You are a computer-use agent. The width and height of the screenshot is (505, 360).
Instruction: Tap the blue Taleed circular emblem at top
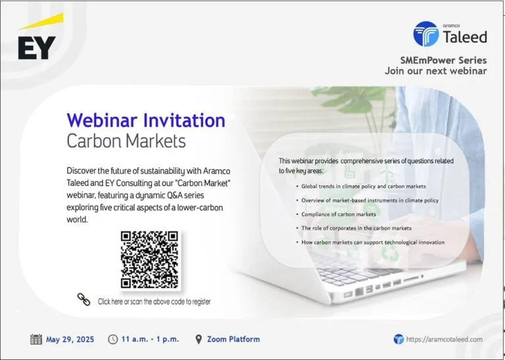point(426,34)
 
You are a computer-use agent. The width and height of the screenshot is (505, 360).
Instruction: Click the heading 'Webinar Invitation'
point(146,120)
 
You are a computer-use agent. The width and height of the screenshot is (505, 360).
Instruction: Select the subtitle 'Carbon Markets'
point(126,141)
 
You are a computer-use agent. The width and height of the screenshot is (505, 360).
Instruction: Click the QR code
point(149,259)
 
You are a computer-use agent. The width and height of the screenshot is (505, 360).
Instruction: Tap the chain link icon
point(84,299)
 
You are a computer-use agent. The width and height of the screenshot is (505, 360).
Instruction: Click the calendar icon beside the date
point(36,340)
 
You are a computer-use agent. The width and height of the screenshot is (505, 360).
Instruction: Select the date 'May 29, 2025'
point(70,340)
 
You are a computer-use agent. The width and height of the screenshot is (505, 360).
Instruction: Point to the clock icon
point(112,339)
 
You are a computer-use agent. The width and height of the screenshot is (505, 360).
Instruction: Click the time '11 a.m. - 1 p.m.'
point(150,339)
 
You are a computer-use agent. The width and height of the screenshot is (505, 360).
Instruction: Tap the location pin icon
point(199,339)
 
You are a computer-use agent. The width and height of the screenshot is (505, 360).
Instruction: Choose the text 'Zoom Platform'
point(233,339)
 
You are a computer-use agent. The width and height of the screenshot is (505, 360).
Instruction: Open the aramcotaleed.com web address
point(445,339)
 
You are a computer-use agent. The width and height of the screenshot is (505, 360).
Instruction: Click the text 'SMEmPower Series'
point(443,61)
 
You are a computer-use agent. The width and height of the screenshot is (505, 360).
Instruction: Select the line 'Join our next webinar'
point(436,71)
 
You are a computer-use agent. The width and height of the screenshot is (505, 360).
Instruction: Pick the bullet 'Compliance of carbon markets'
point(339,215)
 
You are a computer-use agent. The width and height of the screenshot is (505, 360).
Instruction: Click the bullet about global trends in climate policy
point(364,186)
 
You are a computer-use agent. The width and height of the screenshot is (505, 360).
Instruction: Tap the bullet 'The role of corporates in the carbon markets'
point(356,228)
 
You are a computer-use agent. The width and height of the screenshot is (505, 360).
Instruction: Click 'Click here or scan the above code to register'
point(155,301)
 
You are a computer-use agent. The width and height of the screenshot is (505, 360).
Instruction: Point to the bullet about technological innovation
point(373,242)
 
